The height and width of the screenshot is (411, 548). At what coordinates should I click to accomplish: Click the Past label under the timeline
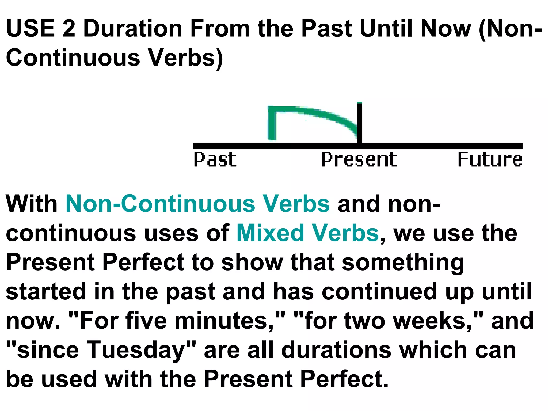215,159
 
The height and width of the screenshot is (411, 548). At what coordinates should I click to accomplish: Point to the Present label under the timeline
359,159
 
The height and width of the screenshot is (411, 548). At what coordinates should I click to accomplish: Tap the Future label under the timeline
490,159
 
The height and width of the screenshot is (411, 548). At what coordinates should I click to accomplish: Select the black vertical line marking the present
359,123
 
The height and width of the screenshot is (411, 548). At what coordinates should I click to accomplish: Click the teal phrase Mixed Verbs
307,233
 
